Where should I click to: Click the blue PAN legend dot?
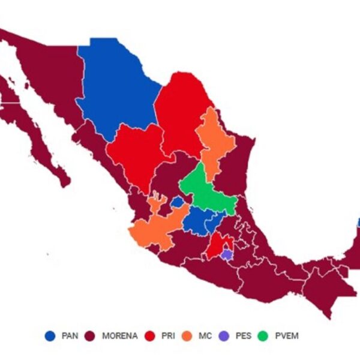click(x=50, y=336)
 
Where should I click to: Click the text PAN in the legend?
click(x=70, y=336)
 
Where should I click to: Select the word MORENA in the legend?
click(x=119, y=336)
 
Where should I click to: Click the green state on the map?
click(x=207, y=192)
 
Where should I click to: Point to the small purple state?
click(x=226, y=254)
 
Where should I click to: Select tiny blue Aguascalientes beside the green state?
click(x=178, y=203)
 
